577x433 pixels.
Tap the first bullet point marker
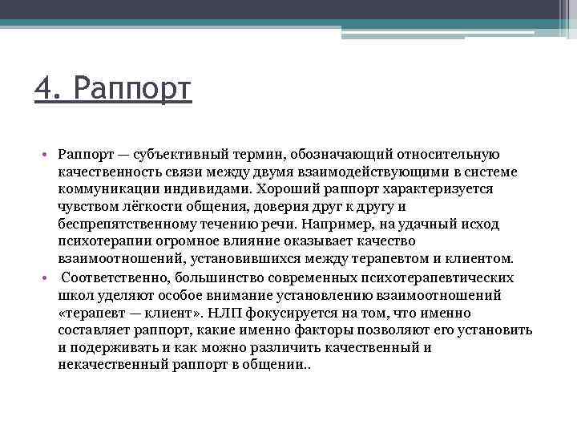coord(48,154)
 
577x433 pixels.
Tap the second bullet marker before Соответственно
coord(48,277)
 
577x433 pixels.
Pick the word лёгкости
coord(144,207)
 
